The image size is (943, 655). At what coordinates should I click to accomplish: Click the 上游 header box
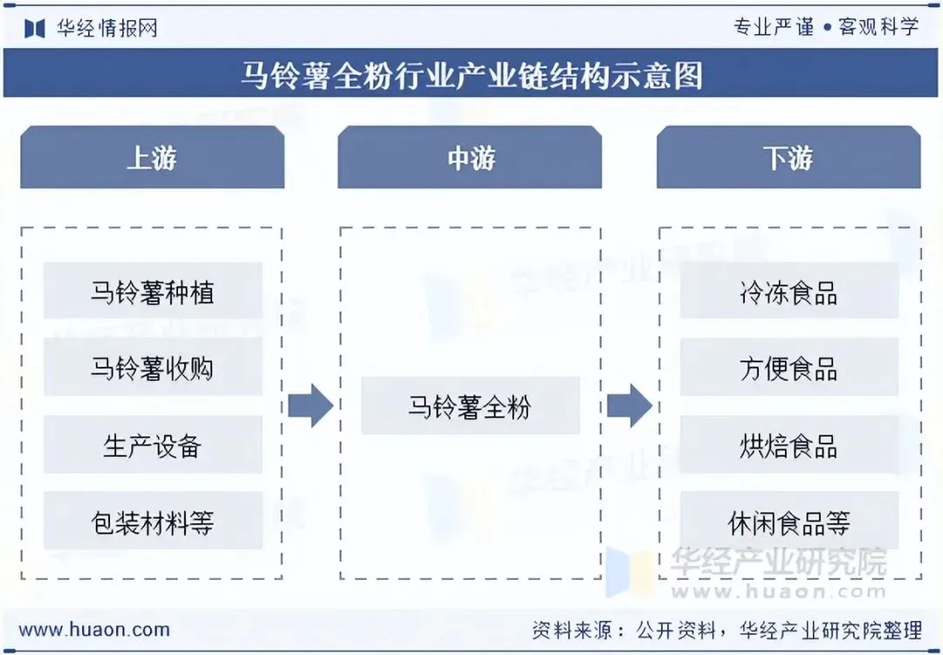[x=152, y=157]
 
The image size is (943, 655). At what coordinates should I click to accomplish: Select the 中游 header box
[x=470, y=157]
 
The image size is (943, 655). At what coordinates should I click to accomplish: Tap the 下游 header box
[x=788, y=157]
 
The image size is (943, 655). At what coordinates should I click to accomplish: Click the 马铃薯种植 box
[x=153, y=291]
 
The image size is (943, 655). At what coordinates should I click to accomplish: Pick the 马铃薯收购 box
[x=153, y=368]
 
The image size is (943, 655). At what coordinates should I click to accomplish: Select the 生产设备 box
[x=153, y=445]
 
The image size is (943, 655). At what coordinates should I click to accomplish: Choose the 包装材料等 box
[x=153, y=521]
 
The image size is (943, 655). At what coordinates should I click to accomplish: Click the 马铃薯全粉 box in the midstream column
[x=470, y=406]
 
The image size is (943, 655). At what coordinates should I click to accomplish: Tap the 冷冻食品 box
[x=788, y=291]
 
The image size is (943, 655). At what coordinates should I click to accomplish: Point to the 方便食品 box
[x=788, y=368]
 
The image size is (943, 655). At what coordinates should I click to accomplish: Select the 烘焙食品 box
[x=788, y=445]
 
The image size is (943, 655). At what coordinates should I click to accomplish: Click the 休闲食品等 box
[x=788, y=521]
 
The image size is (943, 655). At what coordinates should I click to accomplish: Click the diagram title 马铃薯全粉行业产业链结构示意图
[x=471, y=75]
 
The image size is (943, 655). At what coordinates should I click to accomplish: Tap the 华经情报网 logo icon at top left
[x=35, y=28]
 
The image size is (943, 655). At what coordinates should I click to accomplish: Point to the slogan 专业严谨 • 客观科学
[x=826, y=27]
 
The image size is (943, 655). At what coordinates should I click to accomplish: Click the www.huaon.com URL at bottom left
[x=94, y=629]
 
